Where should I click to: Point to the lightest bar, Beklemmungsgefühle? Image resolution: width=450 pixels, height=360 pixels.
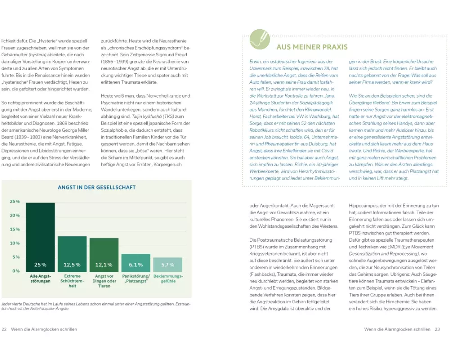click(x=168, y=265)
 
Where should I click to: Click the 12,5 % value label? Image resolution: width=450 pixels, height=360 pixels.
click(x=72, y=265)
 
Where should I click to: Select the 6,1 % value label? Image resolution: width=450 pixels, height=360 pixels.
click(x=136, y=265)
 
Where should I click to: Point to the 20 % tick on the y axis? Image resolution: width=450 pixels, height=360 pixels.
click(x=15, y=216)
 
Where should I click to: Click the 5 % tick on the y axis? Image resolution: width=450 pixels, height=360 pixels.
click(x=16, y=257)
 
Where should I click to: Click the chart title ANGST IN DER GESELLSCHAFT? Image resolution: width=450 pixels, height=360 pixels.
click(x=97, y=187)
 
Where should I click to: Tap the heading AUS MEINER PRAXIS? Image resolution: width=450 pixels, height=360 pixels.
click(x=312, y=47)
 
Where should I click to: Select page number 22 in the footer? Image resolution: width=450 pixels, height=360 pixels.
click(x=4, y=329)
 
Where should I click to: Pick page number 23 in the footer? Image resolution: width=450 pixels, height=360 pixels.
click(x=437, y=329)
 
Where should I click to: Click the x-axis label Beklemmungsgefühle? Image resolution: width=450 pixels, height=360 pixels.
click(x=168, y=279)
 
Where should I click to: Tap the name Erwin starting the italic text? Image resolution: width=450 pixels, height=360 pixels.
click(x=256, y=62)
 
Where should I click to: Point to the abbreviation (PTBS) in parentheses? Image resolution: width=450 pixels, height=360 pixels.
click(x=258, y=247)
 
